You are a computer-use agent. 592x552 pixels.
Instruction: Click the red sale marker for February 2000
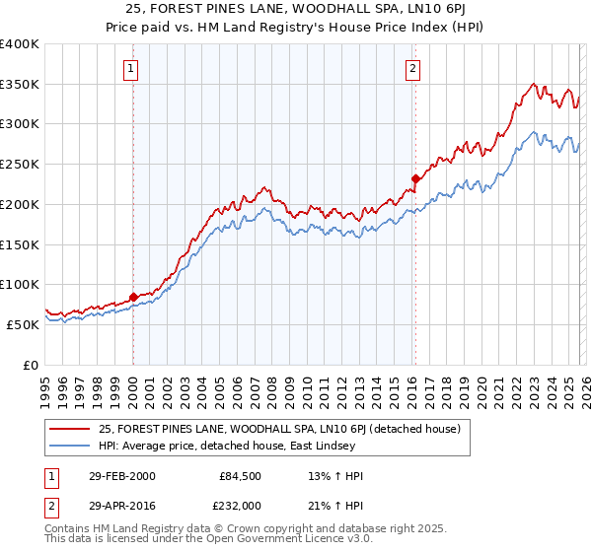(133, 296)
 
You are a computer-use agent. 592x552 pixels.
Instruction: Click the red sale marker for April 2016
(415, 178)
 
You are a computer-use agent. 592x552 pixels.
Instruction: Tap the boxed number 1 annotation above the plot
(131, 68)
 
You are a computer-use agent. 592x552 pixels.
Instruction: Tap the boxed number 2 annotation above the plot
(411, 68)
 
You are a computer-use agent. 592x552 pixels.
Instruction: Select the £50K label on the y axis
(23, 324)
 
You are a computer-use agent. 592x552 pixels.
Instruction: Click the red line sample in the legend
(71, 428)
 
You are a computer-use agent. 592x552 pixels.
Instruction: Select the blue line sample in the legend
(71, 445)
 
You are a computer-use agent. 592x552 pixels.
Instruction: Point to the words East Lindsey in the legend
(313, 445)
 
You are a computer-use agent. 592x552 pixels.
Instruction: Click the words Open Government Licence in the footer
(270, 541)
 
